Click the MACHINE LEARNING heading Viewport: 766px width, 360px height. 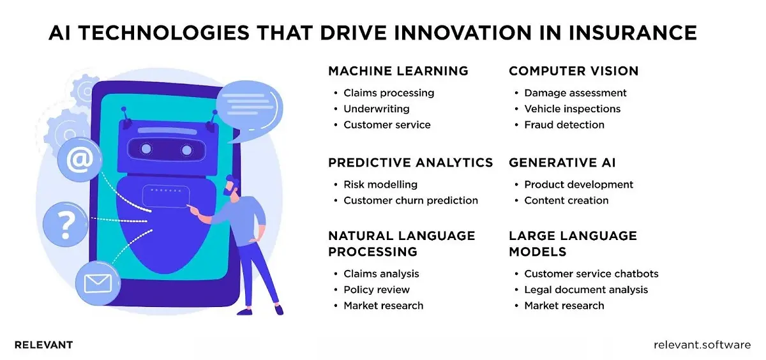pos(398,71)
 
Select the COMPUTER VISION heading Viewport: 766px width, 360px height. pos(573,71)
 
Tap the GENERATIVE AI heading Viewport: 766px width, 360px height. pos(562,163)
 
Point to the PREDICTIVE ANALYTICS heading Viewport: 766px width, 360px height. pos(410,163)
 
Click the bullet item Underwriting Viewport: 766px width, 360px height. pos(376,109)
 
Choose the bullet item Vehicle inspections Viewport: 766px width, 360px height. pos(572,109)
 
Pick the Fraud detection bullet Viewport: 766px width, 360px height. pos(564,125)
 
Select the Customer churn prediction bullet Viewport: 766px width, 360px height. pos(410,200)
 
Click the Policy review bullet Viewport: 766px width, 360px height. pos(377,290)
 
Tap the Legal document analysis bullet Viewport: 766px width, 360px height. pos(585,290)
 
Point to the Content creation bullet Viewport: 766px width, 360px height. pos(566,200)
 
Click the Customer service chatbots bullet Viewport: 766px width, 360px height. pos(591,274)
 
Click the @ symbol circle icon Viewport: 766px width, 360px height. pos(79,160)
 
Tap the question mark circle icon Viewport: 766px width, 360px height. pos(66,223)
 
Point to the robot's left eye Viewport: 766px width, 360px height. pos(147,149)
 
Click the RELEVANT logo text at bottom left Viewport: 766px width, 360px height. pos(43,345)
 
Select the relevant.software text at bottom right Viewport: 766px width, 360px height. pos(702,345)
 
